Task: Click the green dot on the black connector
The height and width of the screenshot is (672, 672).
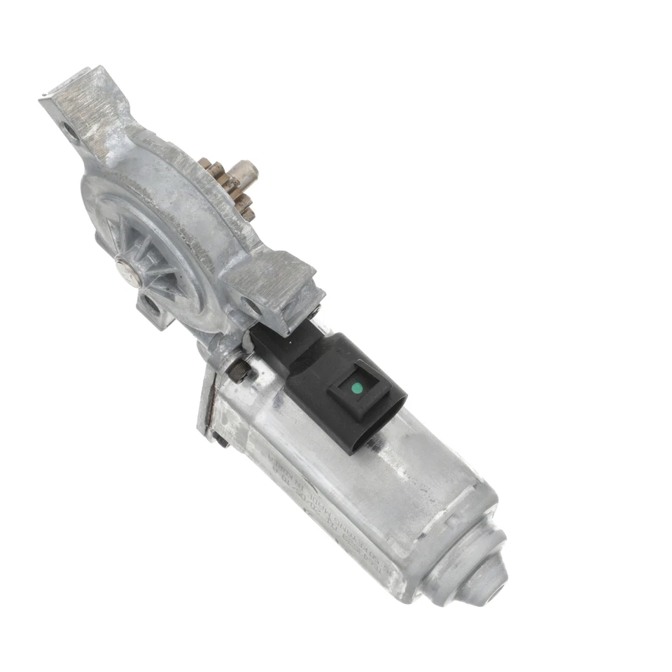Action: [x=356, y=387]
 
